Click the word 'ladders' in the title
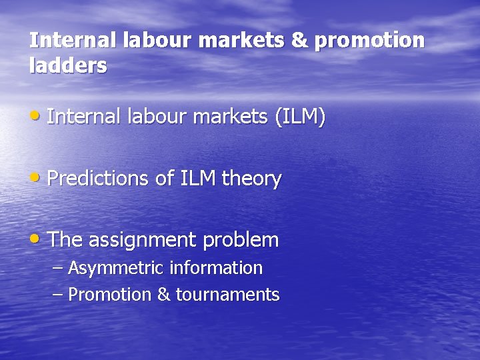pos(68,66)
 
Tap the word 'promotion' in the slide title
pos(369,41)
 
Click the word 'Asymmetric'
pos(117,269)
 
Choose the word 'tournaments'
pos(227,295)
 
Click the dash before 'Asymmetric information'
pos(58,269)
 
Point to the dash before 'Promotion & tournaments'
pos(58,295)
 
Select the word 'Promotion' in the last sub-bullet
pos(110,295)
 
